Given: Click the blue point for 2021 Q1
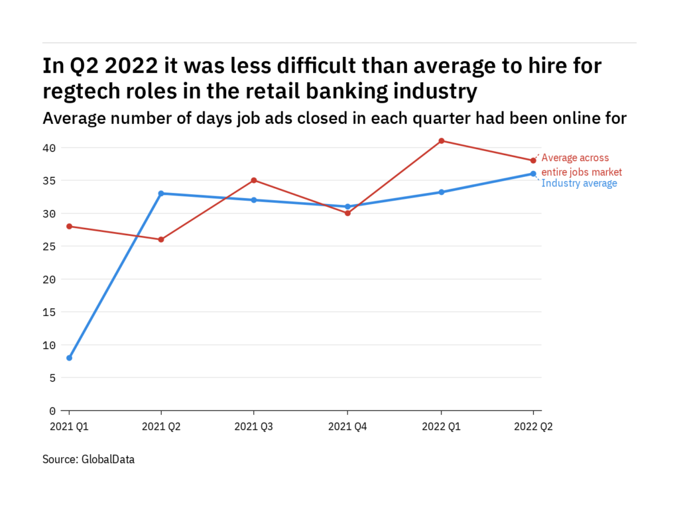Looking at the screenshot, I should (69, 358).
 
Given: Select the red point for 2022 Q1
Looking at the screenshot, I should (441, 141).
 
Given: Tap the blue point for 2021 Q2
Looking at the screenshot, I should (161, 194).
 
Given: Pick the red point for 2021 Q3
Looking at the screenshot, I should (254, 180).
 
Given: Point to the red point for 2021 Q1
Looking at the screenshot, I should (69, 226).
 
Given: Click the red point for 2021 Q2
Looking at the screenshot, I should (161, 239).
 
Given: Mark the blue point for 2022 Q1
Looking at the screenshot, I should (441, 192).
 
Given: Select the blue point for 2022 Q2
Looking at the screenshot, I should (533, 174).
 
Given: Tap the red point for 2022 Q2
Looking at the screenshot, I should (533, 160).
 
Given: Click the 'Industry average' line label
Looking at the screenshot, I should (579, 184).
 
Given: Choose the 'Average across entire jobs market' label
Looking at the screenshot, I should (582, 165).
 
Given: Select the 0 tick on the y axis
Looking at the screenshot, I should (52, 410).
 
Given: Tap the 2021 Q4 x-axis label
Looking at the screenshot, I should (347, 427).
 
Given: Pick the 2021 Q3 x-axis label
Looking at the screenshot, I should (254, 427).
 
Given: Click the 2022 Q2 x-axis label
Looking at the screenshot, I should (533, 427).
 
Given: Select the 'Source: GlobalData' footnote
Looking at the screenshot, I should (88, 459).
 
